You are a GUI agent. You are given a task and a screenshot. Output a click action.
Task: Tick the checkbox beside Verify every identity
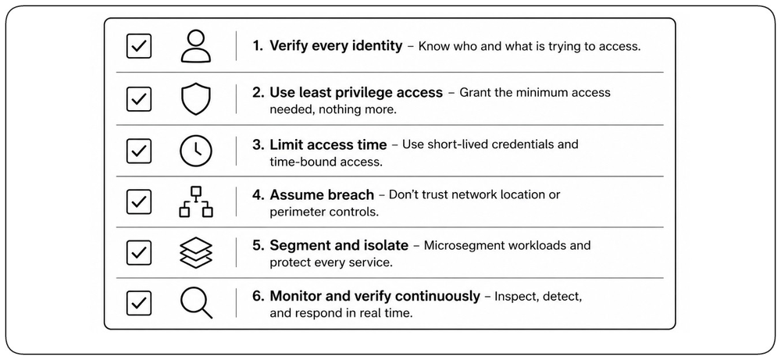pos(139,46)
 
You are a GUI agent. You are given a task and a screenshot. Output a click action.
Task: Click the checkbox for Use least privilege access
pos(139,98)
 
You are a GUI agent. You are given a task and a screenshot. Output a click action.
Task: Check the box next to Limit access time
pos(139,151)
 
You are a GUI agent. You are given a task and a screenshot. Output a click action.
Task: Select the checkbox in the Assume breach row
pos(139,201)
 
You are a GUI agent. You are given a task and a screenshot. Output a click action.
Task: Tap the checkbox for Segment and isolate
pos(139,252)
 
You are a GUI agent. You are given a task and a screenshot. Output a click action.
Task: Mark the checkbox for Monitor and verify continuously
pos(139,303)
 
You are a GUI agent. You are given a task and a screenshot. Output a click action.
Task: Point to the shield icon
pos(196,98)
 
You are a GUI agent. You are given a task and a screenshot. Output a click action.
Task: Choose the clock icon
pos(196,151)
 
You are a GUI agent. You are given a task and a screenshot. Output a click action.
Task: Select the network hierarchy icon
pos(196,201)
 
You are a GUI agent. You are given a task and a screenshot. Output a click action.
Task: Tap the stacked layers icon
pos(196,252)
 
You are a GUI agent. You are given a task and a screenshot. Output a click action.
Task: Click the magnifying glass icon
pos(196,303)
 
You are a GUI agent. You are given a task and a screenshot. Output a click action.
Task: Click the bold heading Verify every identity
pos(336,46)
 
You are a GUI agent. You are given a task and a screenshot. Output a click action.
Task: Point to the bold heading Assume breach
pos(322,194)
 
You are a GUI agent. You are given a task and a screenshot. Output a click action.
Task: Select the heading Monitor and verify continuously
pos(375,296)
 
